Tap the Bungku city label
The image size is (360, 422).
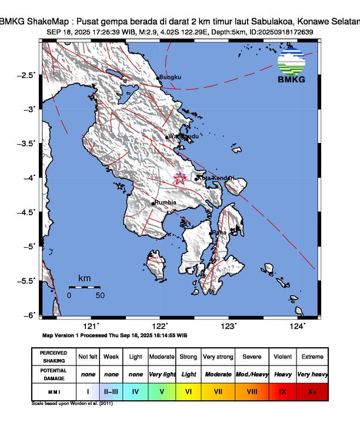tap(171, 77)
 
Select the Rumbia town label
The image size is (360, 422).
tap(165, 202)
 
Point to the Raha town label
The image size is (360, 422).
tap(219, 232)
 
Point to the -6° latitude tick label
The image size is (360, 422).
tap(28, 315)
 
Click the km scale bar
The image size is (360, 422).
tap(84, 287)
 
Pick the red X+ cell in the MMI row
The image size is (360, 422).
tap(312, 390)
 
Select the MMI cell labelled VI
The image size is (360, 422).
tap(189, 390)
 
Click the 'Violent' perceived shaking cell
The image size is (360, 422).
tap(282, 357)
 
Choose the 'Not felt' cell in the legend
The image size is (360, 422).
tap(88, 357)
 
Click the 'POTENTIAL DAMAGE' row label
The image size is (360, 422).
tap(54, 374)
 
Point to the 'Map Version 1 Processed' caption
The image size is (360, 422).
tap(115, 335)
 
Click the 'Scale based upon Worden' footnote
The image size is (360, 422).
tap(72, 404)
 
